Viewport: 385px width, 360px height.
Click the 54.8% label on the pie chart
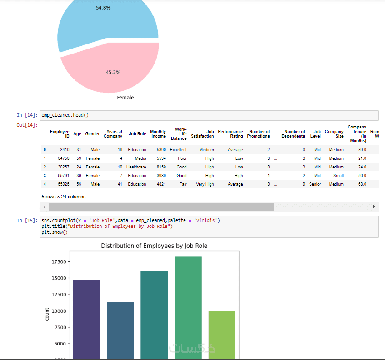pos(103,8)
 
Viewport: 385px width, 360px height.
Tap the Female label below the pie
pos(125,98)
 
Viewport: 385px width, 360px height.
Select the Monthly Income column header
pos(158,134)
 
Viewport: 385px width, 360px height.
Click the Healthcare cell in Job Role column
pos(136,167)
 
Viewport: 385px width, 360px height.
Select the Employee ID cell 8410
pos(64,150)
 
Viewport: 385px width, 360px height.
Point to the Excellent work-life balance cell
pos(178,150)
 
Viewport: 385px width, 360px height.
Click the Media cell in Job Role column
pos(140,158)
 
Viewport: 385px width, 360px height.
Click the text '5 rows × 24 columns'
pos(63,197)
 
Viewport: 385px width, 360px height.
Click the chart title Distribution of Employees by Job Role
pos(154,246)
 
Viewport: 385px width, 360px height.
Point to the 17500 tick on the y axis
pos(60,262)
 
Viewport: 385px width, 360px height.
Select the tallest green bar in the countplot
pos(188,304)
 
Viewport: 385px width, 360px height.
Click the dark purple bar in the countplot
pos(86,318)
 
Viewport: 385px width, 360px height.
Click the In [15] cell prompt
pos(27,221)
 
